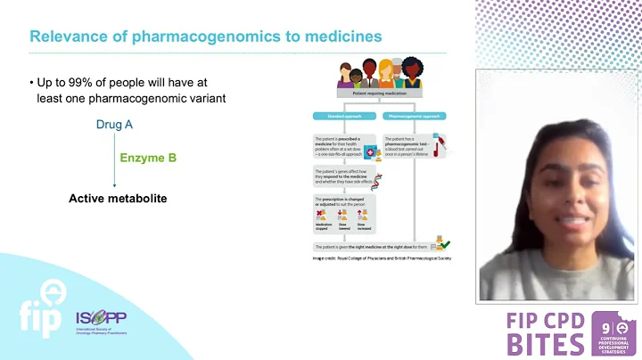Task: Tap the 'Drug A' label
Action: [114, 125]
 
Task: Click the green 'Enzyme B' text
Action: [148, 159]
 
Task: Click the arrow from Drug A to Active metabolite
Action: [114, 160]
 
